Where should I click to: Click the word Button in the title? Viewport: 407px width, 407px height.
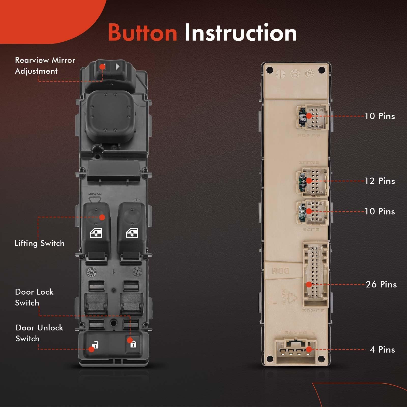(x=142, y=33)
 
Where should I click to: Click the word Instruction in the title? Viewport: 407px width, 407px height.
(x=240, y=33)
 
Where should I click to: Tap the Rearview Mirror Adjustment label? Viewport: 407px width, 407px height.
(x=45, y=65)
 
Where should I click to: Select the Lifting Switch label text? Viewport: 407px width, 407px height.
(x=39, y=243)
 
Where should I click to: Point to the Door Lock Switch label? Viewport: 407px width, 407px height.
(x=34, y=297)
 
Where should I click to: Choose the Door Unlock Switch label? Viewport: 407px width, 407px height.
(x=39, y=333)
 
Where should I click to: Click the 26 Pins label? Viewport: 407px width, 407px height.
(x=381, y=284)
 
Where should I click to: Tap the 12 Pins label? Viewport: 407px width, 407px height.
(x=380, y=181)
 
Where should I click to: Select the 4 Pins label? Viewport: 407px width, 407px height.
(x=382, y=350)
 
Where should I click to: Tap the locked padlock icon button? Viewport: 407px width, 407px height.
(x=133, y=344)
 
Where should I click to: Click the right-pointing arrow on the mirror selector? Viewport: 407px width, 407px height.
(x=118, y=67)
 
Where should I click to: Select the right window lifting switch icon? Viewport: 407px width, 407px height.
(x=132, y=233)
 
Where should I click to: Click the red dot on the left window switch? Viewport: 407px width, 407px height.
(x=102, y=217)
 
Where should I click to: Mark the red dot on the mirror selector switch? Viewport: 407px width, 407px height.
(x=102, y=67)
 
